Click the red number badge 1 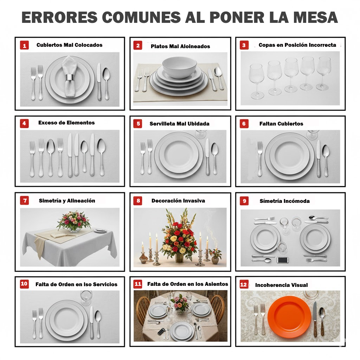coord(24,45)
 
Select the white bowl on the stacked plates coord(179,67)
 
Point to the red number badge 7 coord(24,201)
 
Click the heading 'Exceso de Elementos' coord(66,123)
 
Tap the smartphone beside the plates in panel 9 coord(283,260)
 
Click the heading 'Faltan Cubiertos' coord(281,124)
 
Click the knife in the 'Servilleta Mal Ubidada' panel coord(207,156)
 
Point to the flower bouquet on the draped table coord(73,220)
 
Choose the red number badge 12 coord(244,285)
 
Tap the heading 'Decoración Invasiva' coord(178,201)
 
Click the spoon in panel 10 coord(98,322)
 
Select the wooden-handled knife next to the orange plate coord(315,318)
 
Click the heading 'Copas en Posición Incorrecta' coord(297,45)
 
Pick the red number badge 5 coord(138,124)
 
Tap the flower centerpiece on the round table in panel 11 coord(180,303)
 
